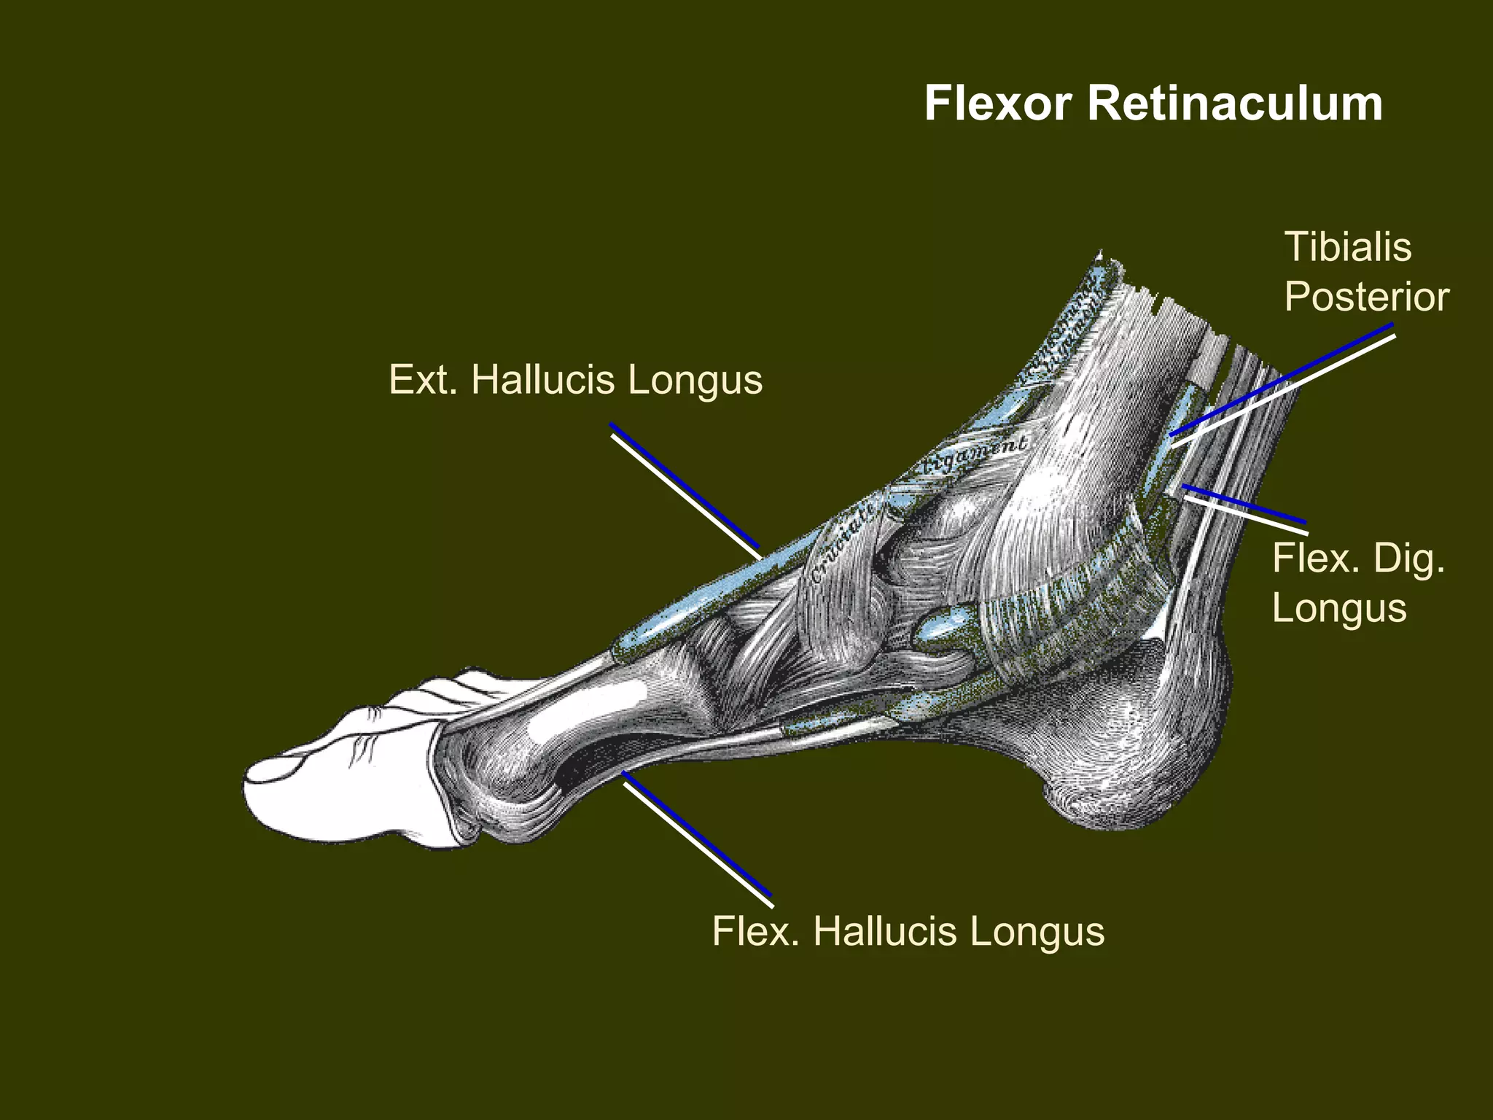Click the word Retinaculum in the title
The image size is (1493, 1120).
[1235, 104]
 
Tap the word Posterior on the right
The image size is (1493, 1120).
[1366, 297]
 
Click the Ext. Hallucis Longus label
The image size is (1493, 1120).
[575, 380]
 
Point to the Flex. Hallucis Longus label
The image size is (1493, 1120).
[908, 932]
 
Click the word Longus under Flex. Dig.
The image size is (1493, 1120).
[1338, 609]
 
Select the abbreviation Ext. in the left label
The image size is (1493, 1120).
[423, 380]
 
